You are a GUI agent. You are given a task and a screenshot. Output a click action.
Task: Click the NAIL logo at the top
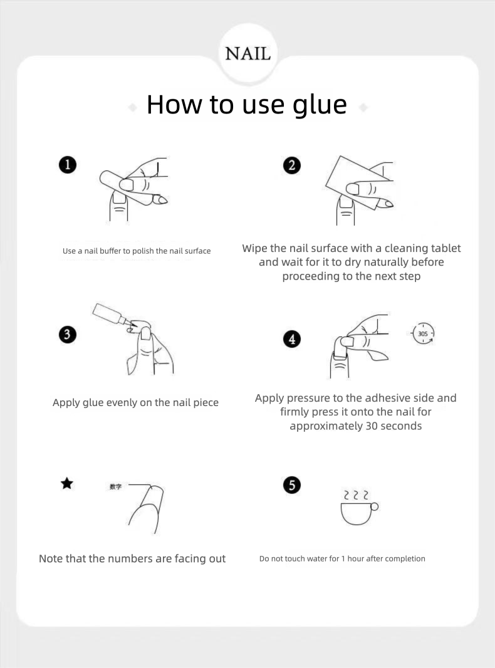click(247, 54)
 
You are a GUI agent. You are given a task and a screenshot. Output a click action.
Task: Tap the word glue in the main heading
click(320, 105)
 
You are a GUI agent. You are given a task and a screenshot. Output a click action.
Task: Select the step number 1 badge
click(67, 165)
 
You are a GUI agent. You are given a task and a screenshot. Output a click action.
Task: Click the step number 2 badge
click(292, 165)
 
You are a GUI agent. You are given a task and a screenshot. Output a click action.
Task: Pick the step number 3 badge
click(67, 335)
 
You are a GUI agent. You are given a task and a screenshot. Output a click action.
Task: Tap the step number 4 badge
click(292, 339)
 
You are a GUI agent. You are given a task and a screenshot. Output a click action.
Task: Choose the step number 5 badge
click(292, 485)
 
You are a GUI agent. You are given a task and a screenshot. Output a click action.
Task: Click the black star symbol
click(67, 484)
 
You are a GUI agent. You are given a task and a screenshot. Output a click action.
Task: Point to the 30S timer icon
click(422, 333)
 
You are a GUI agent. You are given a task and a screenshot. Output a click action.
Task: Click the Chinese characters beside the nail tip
click(115, 486)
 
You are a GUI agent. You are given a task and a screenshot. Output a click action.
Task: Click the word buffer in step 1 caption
click(110, 251)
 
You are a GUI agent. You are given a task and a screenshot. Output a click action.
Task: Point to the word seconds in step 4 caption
click(401, 426)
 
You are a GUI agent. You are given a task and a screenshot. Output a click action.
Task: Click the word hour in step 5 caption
click(356, 558)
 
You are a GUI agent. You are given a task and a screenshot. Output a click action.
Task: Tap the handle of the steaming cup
click(375, 506)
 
